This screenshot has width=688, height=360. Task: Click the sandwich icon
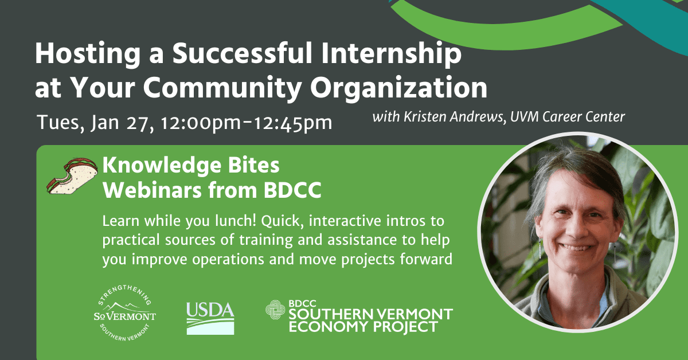(x=72, y=176)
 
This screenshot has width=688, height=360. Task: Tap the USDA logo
(x=210, y=318)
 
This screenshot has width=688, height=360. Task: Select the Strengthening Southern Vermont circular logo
(x=125, y=314)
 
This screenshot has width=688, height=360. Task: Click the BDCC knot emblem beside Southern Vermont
(x=275, y=310)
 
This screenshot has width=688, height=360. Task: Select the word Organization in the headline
(x=398, y=89)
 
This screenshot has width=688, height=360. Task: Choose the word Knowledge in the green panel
(x=162, y=166)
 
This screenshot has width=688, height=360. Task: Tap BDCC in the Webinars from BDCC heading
(x=292, y=190)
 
